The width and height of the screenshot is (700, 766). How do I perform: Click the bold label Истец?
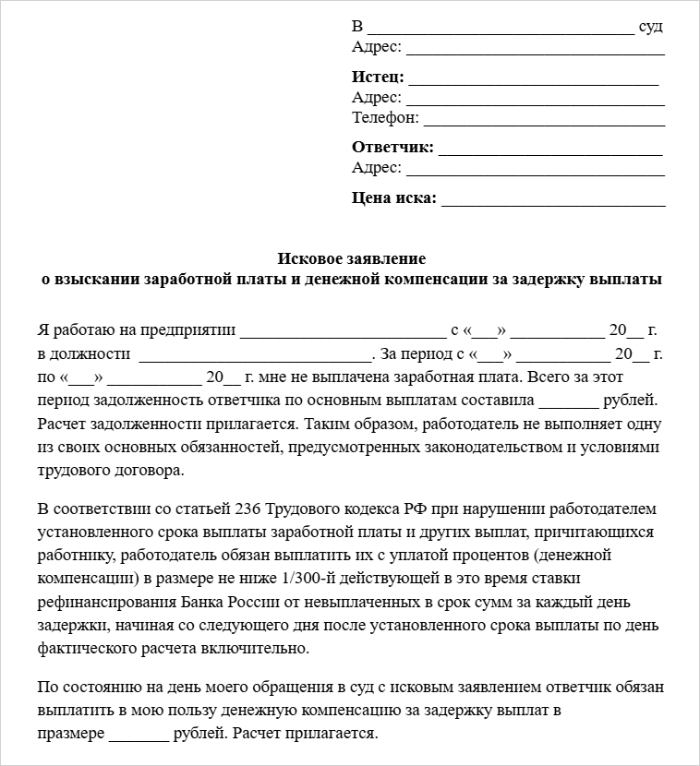point(378,77)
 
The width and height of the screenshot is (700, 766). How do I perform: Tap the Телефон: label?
point(385,118)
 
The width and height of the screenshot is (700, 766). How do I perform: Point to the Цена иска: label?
point(394,197)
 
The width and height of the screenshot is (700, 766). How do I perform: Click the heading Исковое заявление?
point(352,258)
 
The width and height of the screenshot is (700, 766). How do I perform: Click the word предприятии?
point(189,330)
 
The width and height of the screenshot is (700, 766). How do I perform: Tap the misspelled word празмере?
point(71,735)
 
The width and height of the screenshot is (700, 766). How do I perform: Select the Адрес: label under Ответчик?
point(377,168)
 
